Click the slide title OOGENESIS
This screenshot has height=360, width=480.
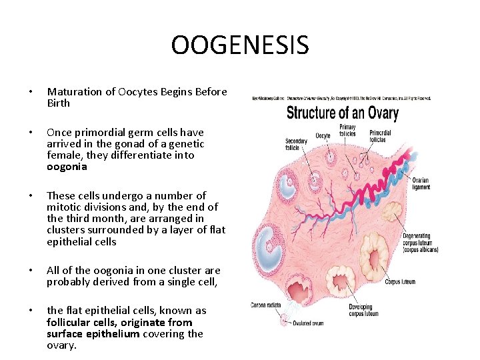coord(240,45)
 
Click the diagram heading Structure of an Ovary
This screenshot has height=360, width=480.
coord(342,112)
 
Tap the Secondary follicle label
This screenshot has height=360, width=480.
coord(295,145)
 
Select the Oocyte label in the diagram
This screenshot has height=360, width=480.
coord(323,136)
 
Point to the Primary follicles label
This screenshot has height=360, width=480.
coord(347,131)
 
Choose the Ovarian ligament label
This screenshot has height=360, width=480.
coord(420,183)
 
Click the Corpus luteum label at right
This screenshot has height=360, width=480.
coord(400,282)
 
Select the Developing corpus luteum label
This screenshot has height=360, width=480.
coord(364,310)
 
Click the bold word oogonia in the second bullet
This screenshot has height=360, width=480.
coord(67,167)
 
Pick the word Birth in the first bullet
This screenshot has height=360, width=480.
coord(59,103)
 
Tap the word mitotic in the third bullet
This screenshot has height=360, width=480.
coord(63,207)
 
